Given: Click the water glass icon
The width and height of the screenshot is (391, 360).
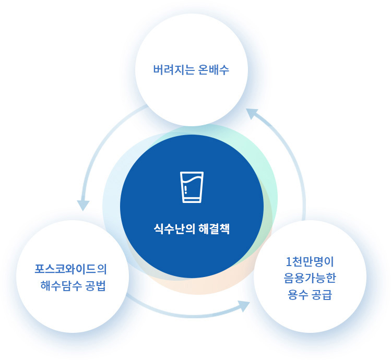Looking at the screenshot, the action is coord(192,187).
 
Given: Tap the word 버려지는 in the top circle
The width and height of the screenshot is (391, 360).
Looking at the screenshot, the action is coord(173,70).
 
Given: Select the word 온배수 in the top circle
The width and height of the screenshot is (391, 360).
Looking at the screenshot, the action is coord(214,70).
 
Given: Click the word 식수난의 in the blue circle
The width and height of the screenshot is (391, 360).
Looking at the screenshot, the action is coord(174,229).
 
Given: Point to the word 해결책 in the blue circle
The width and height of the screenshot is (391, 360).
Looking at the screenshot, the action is coord(214,229).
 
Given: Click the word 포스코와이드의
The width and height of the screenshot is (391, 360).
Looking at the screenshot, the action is coord(70,269).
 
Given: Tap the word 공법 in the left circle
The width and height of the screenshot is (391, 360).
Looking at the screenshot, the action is coord(96,286).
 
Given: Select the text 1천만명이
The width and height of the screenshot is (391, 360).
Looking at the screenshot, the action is coord(310,261).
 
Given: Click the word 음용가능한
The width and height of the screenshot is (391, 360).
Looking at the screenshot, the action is coord(310,278).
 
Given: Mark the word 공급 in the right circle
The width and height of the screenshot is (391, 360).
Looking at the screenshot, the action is coord(322,295).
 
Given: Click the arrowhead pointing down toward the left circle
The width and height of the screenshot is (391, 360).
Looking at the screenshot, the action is coord(83,205).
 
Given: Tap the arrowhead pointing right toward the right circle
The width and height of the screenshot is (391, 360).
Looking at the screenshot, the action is coord(244,306).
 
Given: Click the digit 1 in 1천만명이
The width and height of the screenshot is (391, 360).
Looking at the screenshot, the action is coord(289,261).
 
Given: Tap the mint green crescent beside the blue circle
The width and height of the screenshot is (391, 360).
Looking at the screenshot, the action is coord(269,174).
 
